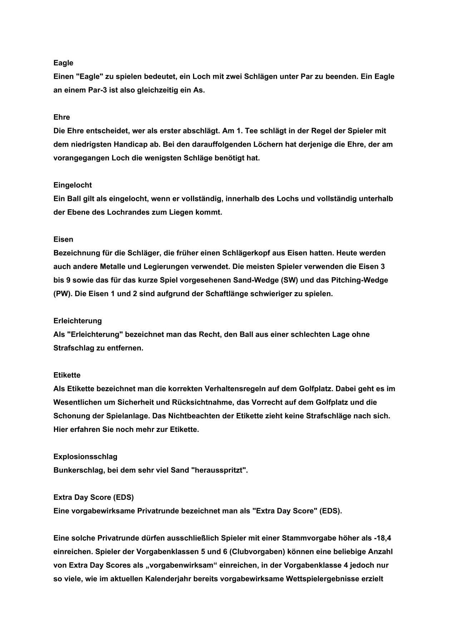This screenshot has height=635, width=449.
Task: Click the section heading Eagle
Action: point(63,63)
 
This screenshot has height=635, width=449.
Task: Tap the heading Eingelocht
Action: point(73,185)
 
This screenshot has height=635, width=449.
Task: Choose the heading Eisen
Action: point(63,240)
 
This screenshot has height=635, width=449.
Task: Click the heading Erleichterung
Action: point(78,321)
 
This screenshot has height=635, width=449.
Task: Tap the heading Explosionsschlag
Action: point(85,457)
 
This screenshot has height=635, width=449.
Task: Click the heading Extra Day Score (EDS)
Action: point(93,498)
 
